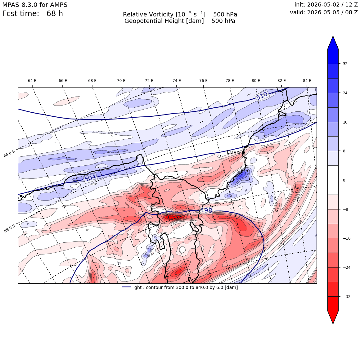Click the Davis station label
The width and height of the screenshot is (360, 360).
233,152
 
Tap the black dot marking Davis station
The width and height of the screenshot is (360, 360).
243,152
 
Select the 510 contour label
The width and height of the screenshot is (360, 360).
262,96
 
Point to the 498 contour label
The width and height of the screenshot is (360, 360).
206,210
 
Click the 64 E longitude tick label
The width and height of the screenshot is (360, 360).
32,81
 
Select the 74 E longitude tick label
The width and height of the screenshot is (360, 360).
177,81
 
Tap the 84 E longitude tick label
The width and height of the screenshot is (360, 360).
307,81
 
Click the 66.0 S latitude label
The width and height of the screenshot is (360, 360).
9,153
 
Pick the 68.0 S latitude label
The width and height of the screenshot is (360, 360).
10,228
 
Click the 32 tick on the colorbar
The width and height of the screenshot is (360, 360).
345,64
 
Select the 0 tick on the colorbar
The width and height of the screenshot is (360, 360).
344,180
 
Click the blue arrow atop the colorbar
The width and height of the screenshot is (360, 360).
333,43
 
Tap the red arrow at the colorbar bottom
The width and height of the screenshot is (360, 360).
333,317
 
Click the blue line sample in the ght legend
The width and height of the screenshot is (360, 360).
127,287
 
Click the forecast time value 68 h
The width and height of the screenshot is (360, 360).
55,14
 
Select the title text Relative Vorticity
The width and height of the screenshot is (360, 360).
148,15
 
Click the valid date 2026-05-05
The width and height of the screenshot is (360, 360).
323,12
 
